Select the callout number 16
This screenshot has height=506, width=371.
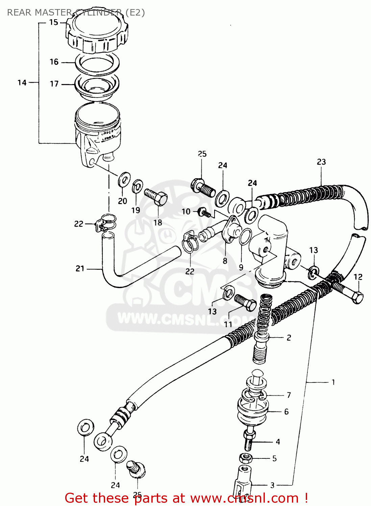point(54,62)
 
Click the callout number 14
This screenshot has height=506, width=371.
point(22,83)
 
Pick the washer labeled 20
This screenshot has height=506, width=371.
point(124,179)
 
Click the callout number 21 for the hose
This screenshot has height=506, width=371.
point(80,269)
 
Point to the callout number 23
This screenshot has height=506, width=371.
point(321,162)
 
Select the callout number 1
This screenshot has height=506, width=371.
point(333,382)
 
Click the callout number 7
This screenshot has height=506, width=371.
point(289,395)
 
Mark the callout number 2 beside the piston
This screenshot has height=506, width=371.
point(289,338)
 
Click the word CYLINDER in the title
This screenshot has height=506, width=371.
point(98,12)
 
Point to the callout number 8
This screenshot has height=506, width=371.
point(225,261)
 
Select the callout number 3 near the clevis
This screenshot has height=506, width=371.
point(272,485)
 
